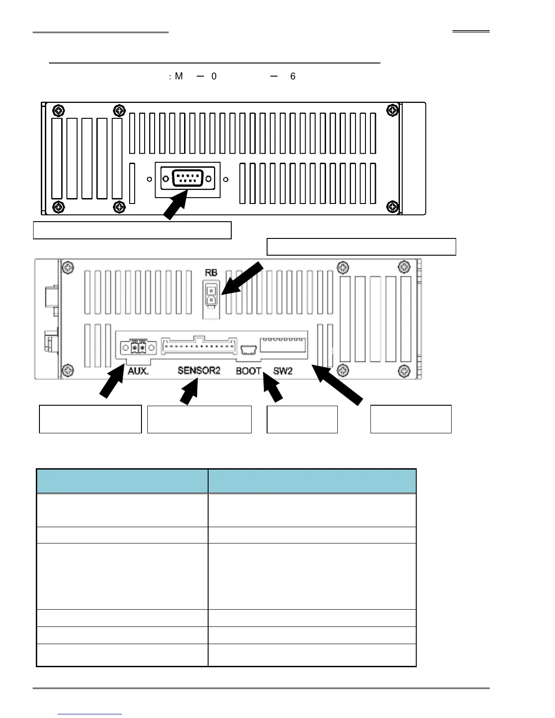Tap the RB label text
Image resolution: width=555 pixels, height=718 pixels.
[x=211, y=273]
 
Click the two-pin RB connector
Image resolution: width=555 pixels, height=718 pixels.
[x=210, y=295]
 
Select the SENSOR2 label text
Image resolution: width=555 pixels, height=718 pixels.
[x=199, y=371]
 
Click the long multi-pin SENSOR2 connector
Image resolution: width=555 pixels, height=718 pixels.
[x=199, y=347]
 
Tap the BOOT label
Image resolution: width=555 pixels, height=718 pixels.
[x=248, y=371]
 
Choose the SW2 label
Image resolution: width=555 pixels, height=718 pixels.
[x=283, y=371]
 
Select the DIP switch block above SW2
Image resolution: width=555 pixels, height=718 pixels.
[x=283, y=347]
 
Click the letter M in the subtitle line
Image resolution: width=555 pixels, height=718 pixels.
[x=179, y=76]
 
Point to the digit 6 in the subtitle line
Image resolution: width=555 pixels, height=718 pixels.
[x=293, y=76]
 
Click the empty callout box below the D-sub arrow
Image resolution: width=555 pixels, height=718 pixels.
[x=132, y=230]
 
